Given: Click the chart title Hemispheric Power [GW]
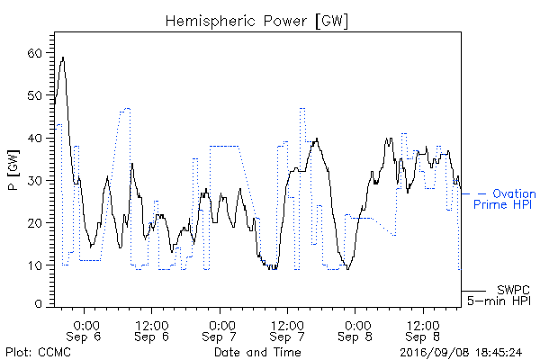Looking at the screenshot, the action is pos(256,21).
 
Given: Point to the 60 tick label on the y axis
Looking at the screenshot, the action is pos(34,53).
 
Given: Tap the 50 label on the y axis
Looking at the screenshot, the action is pos(34,95).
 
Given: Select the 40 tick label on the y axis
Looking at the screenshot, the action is pos(34,138).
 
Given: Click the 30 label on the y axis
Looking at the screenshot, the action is pos(34,181).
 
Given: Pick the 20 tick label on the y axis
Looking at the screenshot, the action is pos(34,223).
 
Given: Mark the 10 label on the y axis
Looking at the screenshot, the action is pos(34,265).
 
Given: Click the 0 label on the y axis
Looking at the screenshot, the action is pos(38,304).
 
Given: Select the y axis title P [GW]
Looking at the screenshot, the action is pos(13,170).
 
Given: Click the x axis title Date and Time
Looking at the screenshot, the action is pos(257,352).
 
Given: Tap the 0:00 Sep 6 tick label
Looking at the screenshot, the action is pos(84,331).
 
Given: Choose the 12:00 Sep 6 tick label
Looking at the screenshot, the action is pos(151,331).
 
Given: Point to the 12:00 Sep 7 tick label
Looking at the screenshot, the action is pos(287,331).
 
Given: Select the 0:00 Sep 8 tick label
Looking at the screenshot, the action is pos(355,331).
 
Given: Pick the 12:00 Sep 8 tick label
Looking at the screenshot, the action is pos(423,331).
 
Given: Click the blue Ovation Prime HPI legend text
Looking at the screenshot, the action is pos(505,199).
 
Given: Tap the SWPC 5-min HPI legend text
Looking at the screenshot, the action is pos(499,295).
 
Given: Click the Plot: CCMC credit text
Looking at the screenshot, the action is pos(38,353).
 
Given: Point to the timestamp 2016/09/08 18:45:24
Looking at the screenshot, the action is pos(461,353).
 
